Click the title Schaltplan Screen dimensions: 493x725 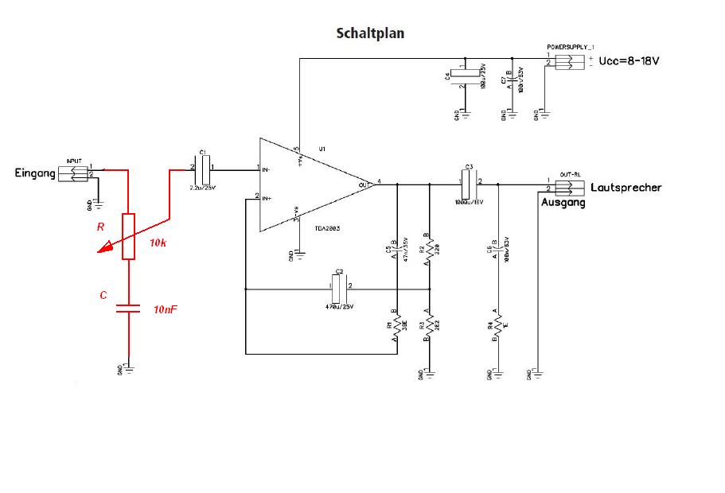click(x=370, y=33)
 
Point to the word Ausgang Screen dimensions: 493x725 click(x=563, y=203)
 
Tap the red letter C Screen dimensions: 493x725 click(x=103, y=295)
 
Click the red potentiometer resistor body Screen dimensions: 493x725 click(x=129, y=236)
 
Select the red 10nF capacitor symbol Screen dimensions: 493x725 click(x=129, y=308)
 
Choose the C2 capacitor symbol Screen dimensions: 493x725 click(x=338, y=289)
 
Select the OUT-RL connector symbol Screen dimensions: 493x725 click(x=569, y=188)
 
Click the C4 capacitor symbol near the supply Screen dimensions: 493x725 click(x=464, y=76)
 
